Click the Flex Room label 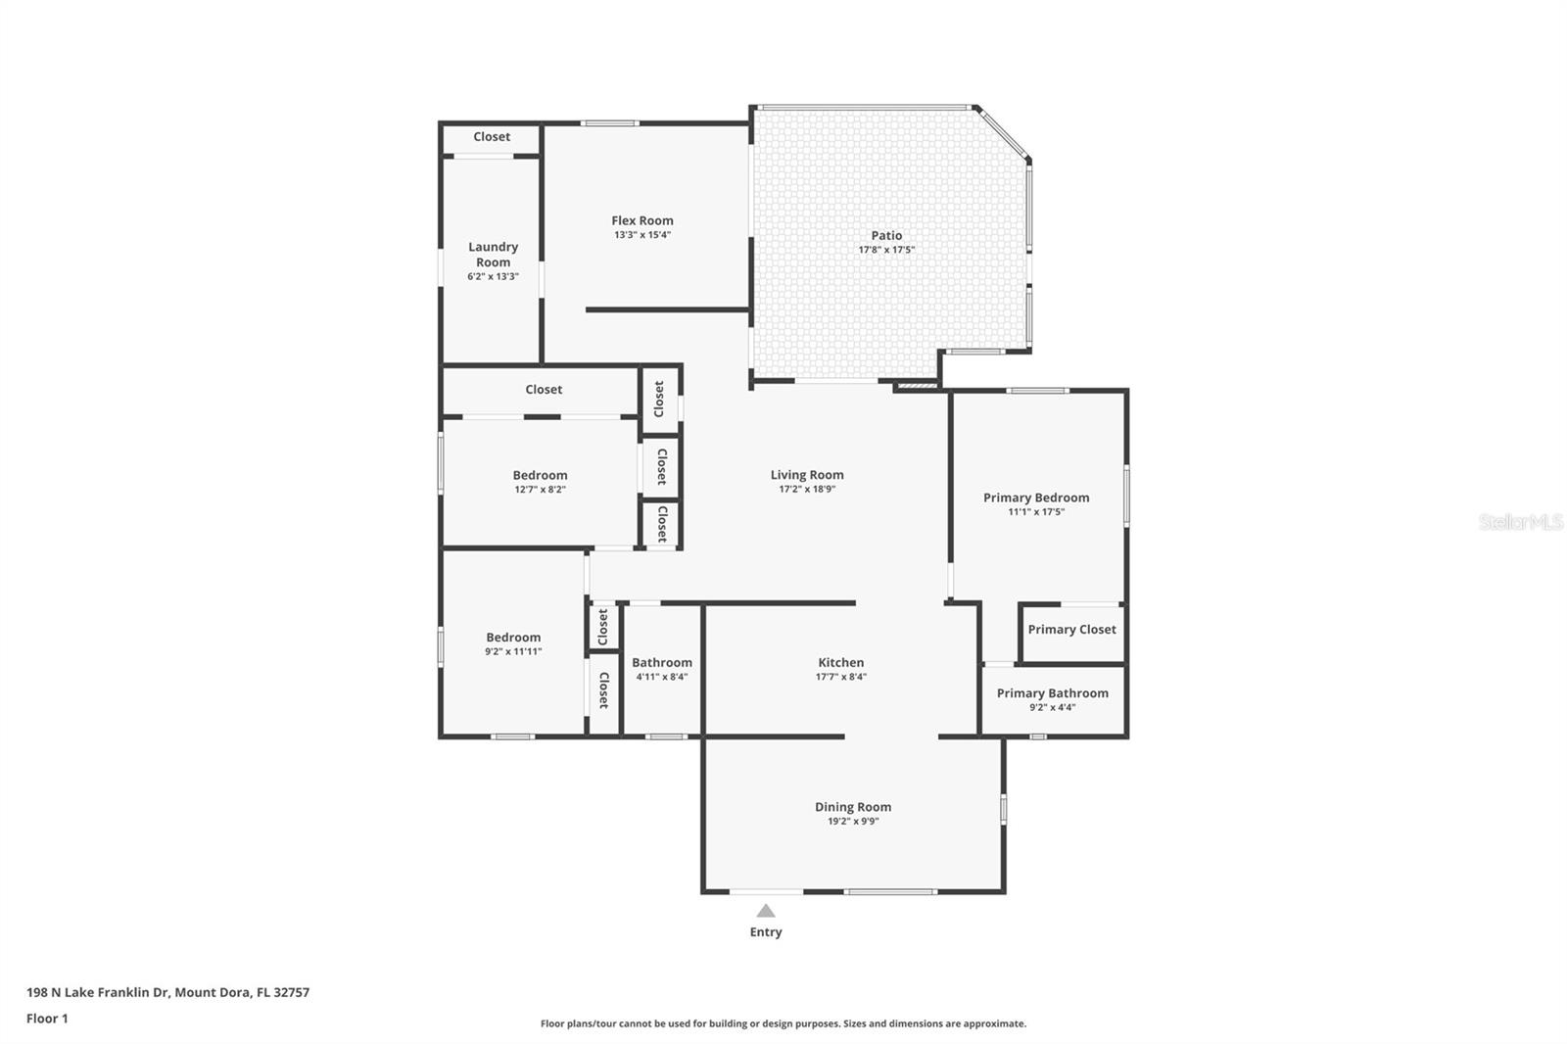click(642, 220)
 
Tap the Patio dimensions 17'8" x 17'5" click(886, 250)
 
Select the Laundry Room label click(493, 255)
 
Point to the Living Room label click(807, 475)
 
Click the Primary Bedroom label click(1036, 498)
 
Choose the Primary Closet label click(1071, 630)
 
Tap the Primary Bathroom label click(1053, 692)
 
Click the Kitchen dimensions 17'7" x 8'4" click(840, 677)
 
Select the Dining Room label click(853, 807)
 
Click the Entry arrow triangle click(766, 911)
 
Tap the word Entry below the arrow click(766, 932)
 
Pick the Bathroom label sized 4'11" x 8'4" click(662, 663)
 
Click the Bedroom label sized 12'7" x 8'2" click(540, 475)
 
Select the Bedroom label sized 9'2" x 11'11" click(513, 637)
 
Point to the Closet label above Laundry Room click(492, 137)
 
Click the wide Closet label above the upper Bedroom click(544, 389)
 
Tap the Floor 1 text click(47, 1019)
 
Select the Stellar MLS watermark click(1520, 522)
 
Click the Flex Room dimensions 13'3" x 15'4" click(642, 235)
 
